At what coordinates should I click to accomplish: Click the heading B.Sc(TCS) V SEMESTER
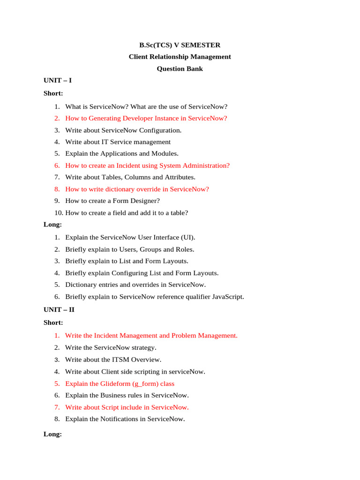click(x=180, y=45)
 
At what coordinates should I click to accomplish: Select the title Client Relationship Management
click(x=180, y=57)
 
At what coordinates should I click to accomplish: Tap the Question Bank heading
click(x=180, y=68)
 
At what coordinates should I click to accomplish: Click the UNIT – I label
click(x=58, y=80)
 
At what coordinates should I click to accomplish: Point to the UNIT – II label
click(x=59, y=309)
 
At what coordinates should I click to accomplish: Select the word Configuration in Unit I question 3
click(x=160, y=130)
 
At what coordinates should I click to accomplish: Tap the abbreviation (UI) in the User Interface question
click(x=187, y=237)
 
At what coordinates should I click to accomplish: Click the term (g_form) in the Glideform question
click(x=136, y=383)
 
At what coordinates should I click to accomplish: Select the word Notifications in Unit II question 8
click(x=119, y=419)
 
